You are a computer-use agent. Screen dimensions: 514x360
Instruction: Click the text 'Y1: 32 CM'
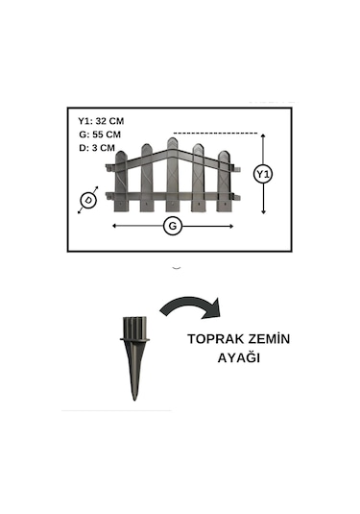click(x=101, y=121)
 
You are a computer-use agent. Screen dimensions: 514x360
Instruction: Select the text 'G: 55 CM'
click(x=100, y=135)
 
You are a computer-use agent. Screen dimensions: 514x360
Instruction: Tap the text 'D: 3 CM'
click(x=97, y=148)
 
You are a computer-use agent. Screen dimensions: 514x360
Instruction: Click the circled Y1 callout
click(x=262, y=174)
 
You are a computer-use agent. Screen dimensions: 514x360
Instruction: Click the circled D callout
click(x=89, y=200)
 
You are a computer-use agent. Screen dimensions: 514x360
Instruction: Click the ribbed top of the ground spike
click(x=134, y=327)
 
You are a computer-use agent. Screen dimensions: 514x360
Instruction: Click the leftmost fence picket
click(x=121, y=183)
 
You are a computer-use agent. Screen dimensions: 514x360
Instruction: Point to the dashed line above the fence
click(x=216, y=133)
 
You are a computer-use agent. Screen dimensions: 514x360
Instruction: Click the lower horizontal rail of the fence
click(x=173, y=197)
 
